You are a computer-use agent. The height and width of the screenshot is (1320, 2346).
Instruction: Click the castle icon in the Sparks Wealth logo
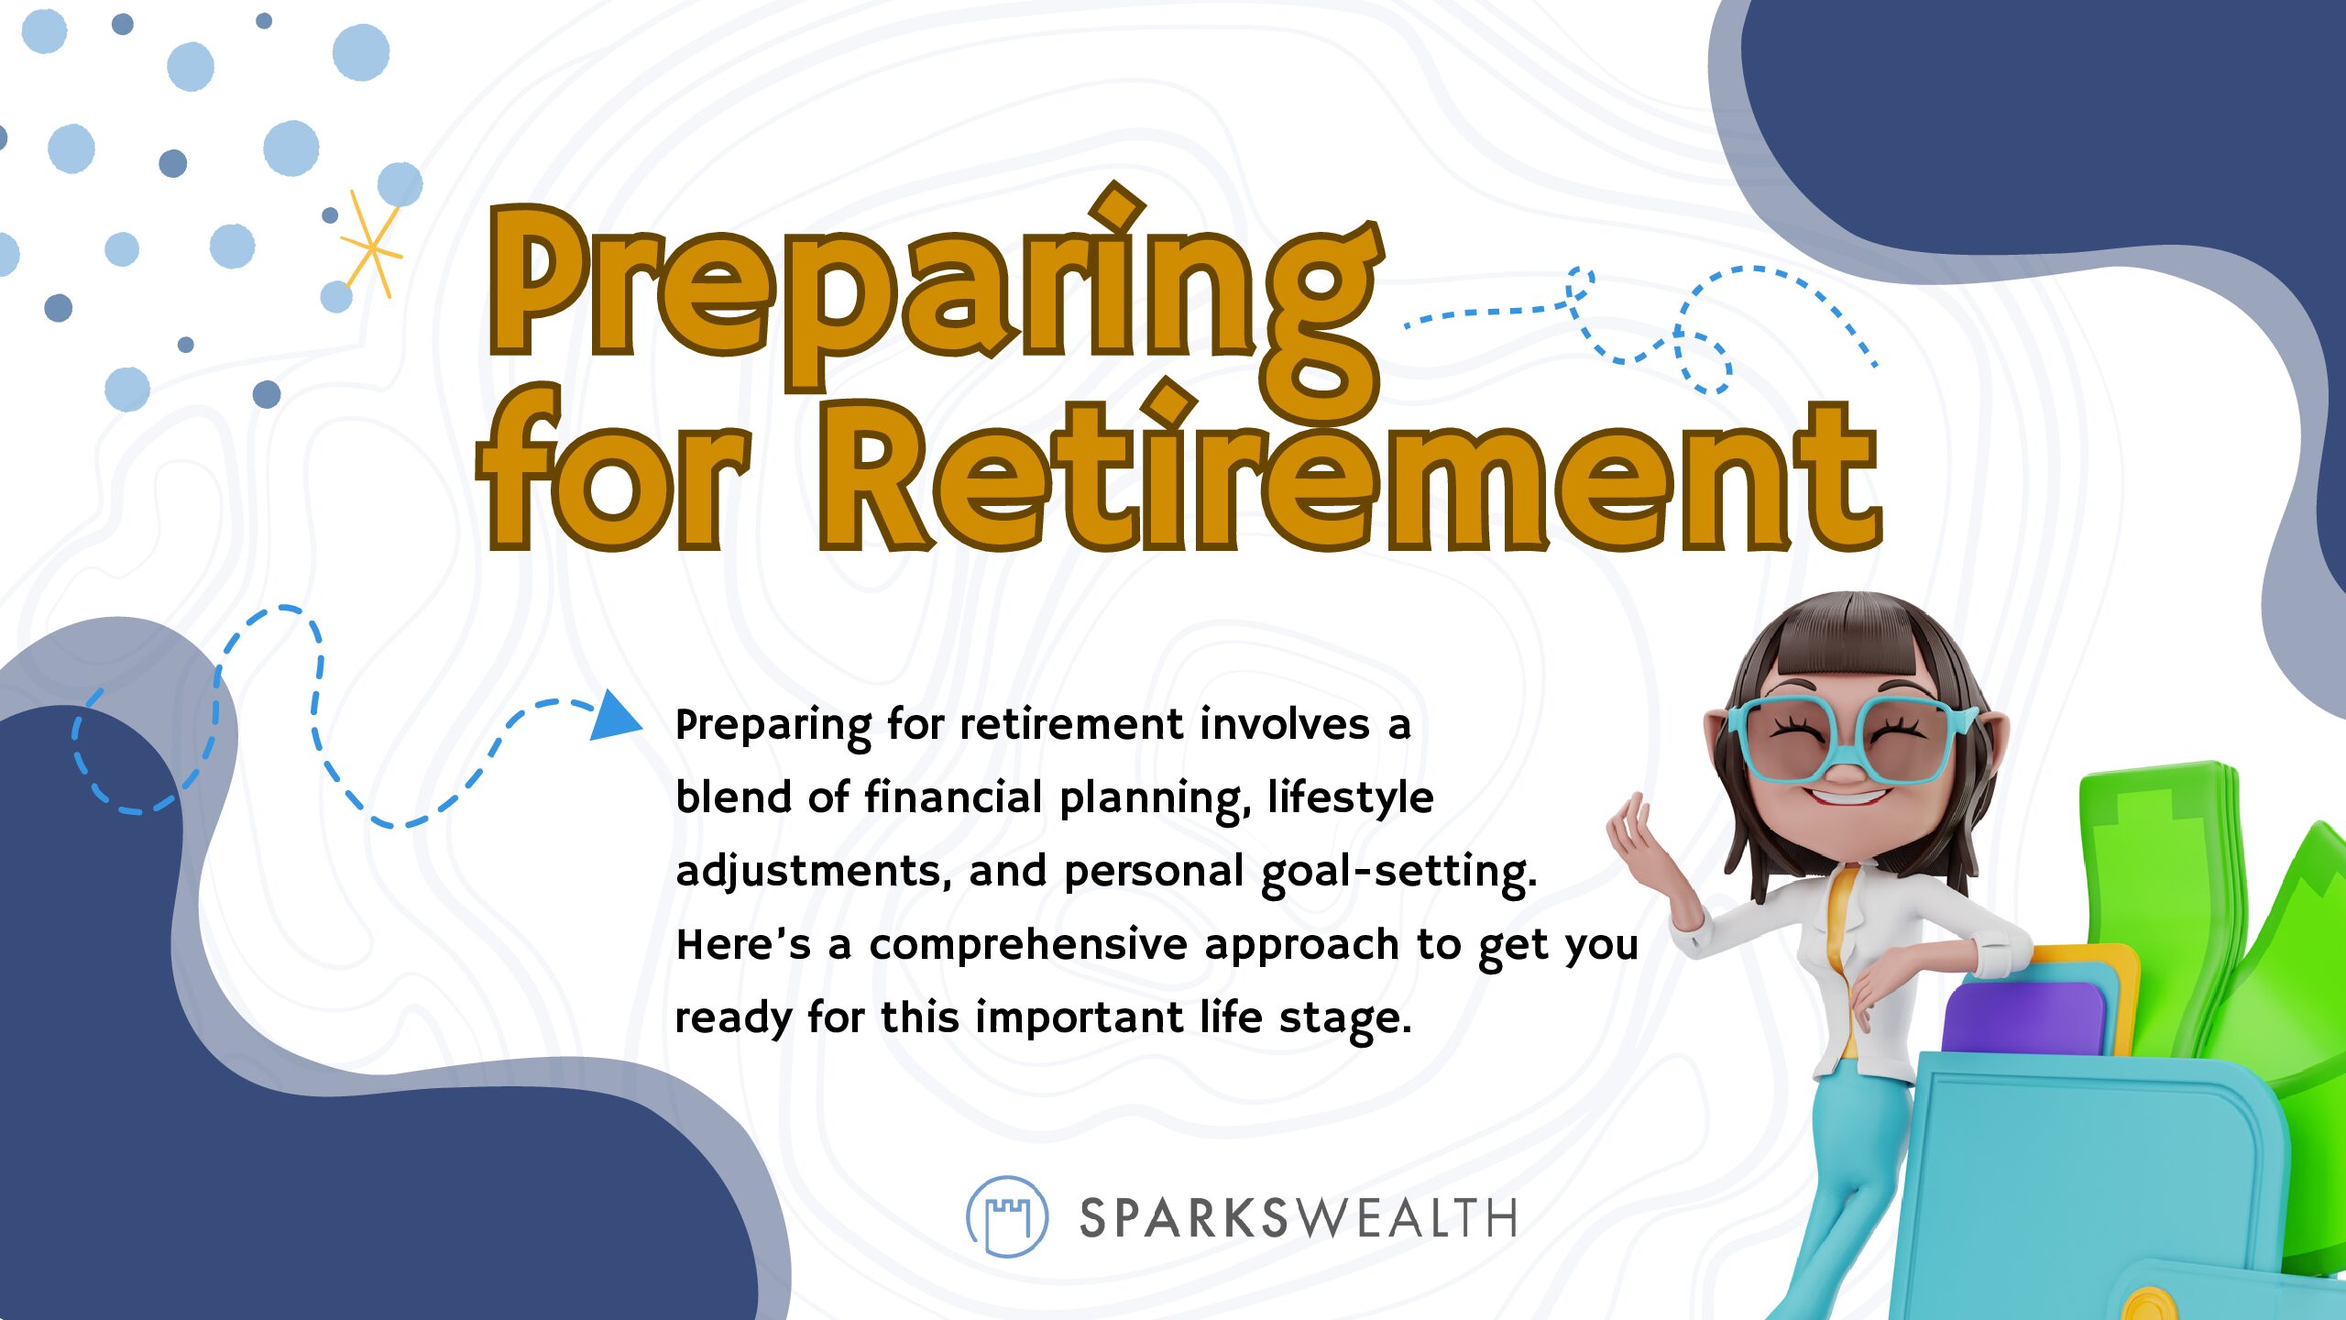point(1007,1216)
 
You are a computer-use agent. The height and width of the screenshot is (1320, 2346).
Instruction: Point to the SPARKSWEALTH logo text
point(1298,1218)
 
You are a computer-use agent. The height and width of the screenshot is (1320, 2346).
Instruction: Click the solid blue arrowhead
point(616,715)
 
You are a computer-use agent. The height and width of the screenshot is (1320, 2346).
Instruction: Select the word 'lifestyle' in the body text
point(1351,797)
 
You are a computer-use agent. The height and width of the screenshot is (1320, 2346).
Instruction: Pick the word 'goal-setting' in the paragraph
point(1398,872)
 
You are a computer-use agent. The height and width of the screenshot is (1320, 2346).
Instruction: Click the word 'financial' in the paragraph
point(953,797)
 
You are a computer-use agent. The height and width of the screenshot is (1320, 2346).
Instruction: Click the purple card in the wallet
point(2024,1017)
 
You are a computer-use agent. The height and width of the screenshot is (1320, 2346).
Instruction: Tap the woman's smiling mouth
point(1847,794)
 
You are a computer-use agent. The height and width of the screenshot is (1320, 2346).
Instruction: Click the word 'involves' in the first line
point(1285,725)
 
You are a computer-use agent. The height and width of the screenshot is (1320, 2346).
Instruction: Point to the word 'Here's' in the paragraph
point(743,944)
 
